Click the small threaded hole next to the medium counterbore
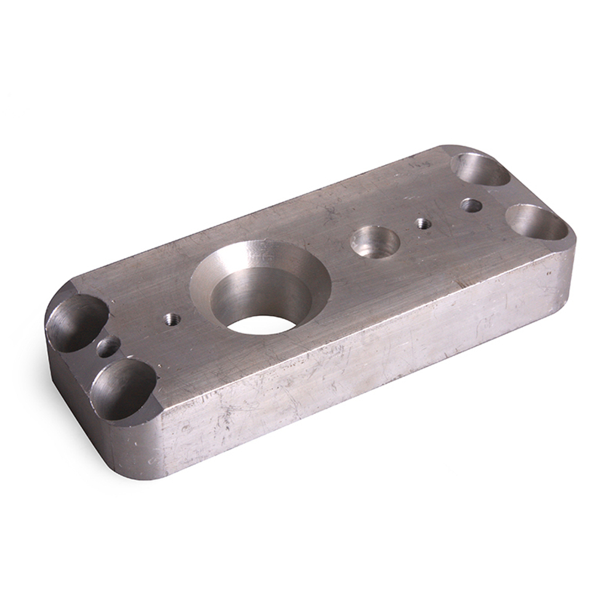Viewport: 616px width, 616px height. [x=422, y=223]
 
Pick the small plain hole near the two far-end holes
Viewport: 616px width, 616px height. [x=471, y=205]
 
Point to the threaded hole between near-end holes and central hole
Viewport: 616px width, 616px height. [x=172, y=319]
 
